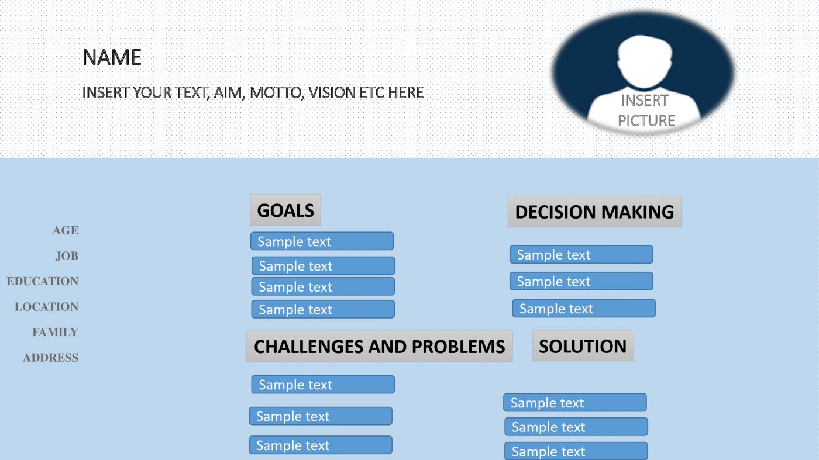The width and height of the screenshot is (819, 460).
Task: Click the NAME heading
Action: coord(112,57)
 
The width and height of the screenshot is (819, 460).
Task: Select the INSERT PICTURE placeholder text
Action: coord(646,110)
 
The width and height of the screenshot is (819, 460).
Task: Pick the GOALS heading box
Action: coord(285,210)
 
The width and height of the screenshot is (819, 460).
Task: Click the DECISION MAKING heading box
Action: coord(594,212)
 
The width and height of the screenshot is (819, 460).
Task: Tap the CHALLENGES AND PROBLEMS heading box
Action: coord(379,347)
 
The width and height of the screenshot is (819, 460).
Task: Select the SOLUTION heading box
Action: coord(583,346)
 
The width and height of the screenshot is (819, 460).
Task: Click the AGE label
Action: coord(66,230)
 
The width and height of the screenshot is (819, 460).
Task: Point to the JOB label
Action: coord(67,256)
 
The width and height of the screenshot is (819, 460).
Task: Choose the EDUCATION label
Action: coord(43,281)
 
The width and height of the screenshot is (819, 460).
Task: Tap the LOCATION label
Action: coord(47,307)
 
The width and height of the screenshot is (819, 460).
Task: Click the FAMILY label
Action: coord(55,332)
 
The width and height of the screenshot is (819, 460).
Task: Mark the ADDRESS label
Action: coord(50,358)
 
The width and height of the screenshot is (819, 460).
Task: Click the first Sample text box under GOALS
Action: coord(322,241)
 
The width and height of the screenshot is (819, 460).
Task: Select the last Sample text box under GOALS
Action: coord(323,309)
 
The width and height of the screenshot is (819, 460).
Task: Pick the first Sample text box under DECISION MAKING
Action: coord(581,254)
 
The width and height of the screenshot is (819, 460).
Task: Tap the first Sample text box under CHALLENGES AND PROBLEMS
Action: coord(323,385)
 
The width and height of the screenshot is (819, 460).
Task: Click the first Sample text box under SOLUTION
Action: coord(574,403)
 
